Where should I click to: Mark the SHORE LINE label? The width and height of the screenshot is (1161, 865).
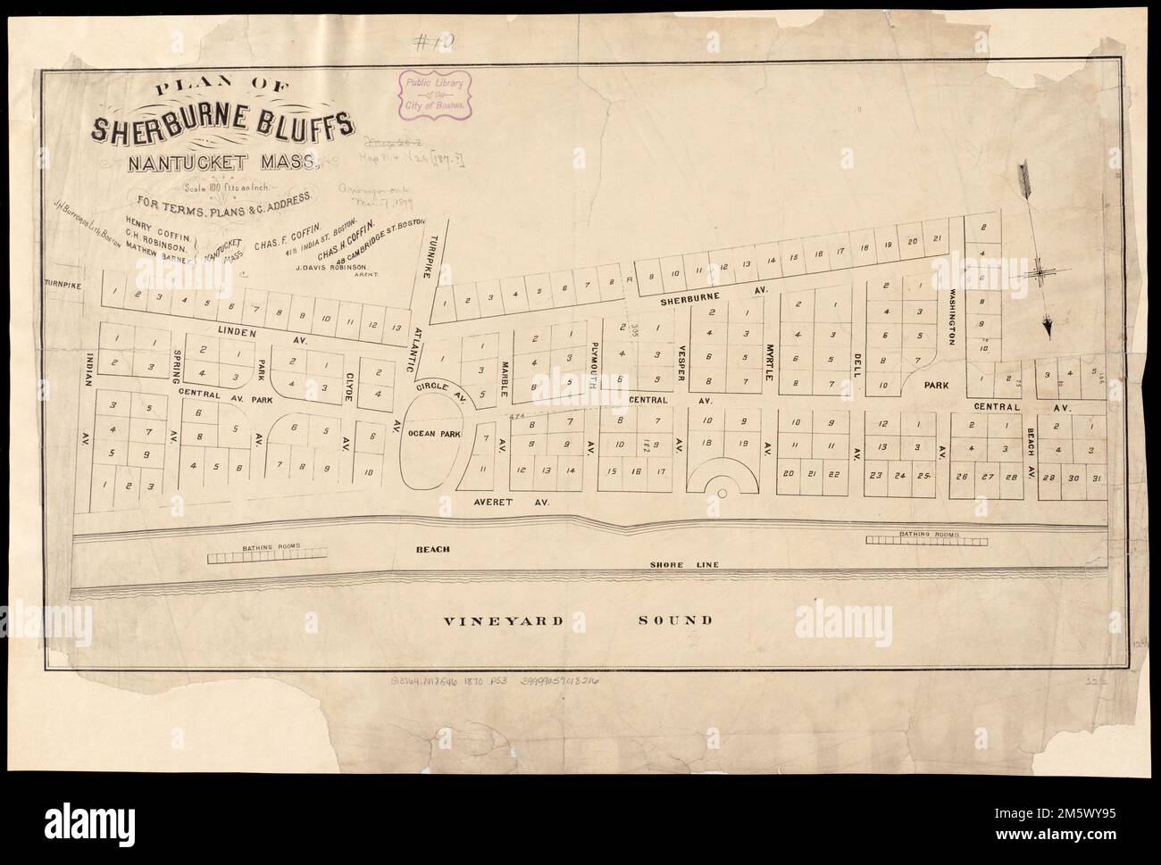click(684, 565)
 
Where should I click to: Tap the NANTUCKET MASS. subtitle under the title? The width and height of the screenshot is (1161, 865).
click(222, 164)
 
